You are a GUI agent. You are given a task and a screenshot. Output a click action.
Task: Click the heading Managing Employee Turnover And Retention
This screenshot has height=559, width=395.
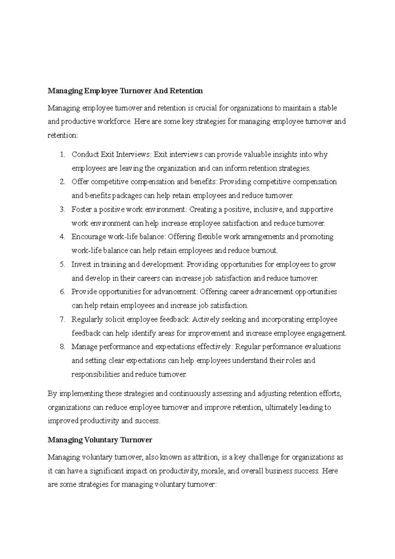[x=125, y=91]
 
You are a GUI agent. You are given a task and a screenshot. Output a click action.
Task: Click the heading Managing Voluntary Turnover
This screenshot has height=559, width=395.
[x=100, y=440]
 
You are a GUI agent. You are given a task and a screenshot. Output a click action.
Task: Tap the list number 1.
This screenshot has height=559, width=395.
[x=63, y=154]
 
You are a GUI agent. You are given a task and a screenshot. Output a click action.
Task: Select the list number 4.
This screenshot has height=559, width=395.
[x=63, y=237]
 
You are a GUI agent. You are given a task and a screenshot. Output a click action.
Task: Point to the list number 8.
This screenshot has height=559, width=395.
[x=63, y=347]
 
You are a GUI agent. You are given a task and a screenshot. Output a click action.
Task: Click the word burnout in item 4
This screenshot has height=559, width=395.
[x=264, y=251]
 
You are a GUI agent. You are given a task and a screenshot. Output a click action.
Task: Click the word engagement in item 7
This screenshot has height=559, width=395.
[x=326, y=333]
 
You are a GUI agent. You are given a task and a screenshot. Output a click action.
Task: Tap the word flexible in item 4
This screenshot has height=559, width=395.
[x=210, y=237]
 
